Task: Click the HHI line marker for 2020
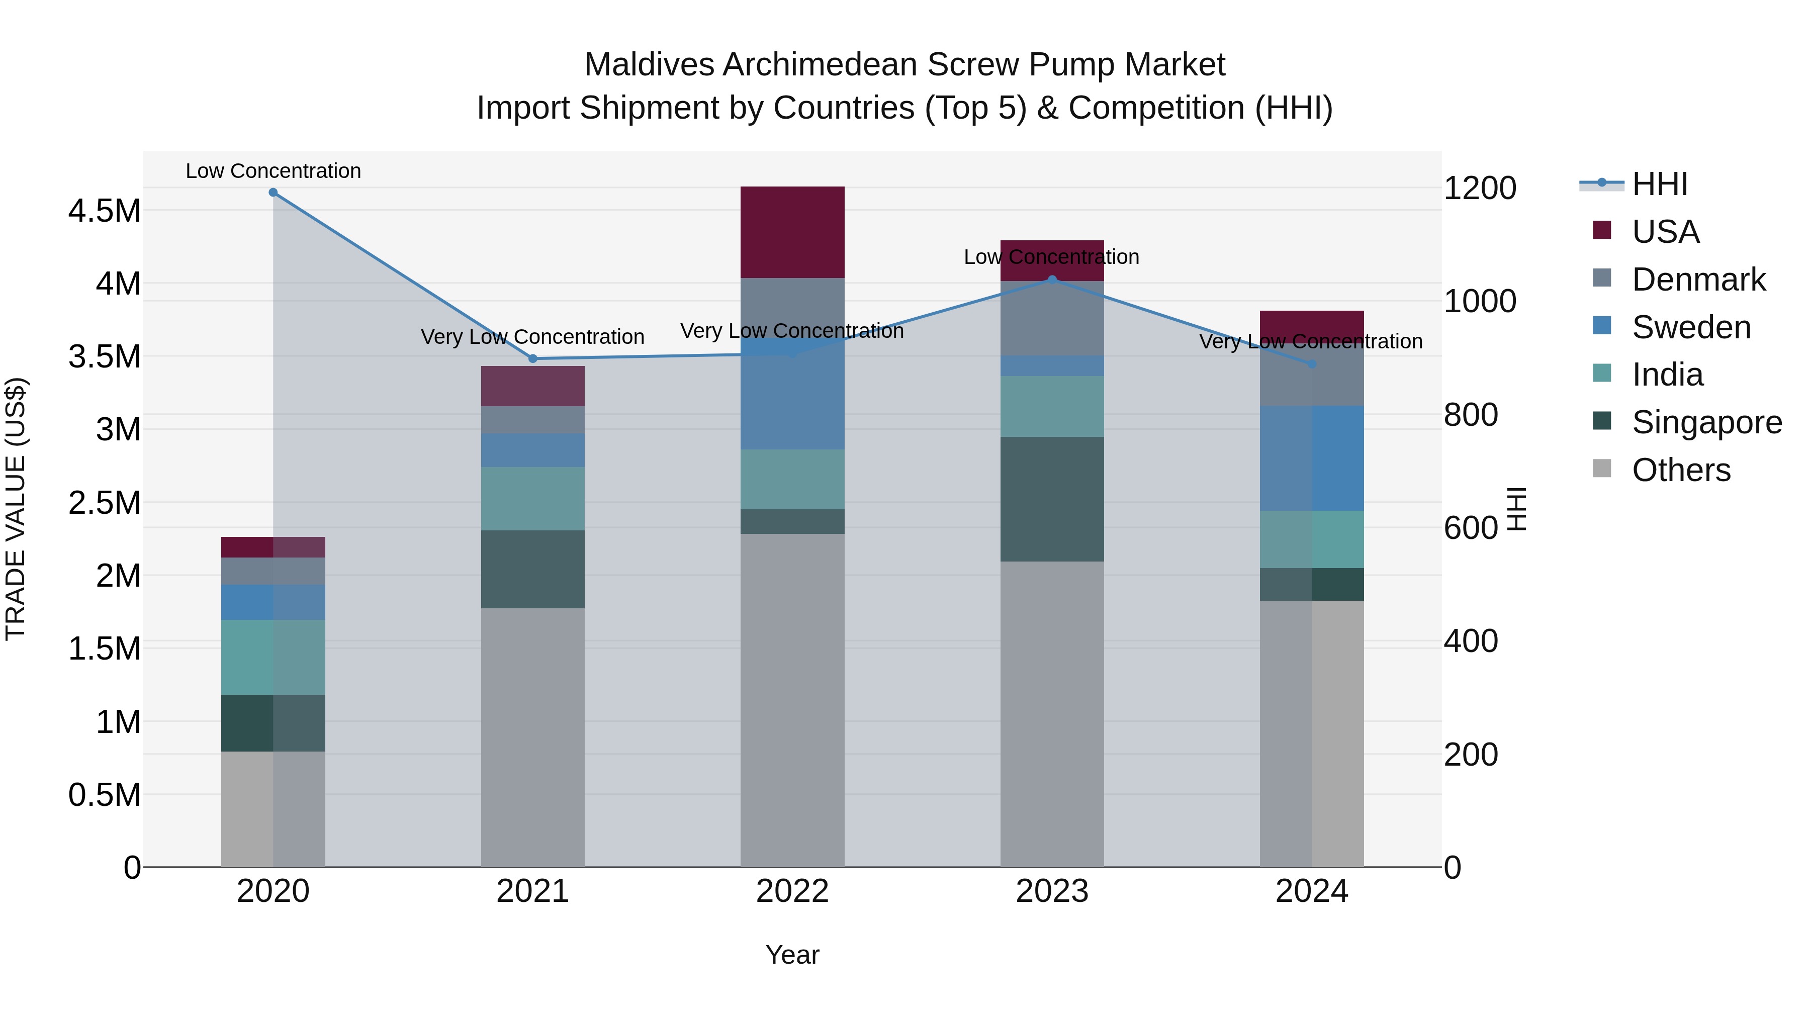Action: click(x=274, y=193)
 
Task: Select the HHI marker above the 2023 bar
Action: click(x=1052, y=280)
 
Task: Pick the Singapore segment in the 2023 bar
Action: click(x=1052, y=499)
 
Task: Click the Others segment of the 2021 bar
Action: click(x=532, y=737)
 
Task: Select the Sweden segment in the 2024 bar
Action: click(x=1311, y=458)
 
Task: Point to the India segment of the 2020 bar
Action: click(x=274, y=657)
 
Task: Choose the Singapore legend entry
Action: click(x=1706, y=422)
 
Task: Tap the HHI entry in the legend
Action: click(x=1659, y=184)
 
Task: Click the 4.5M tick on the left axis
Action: click(x=104, y=211)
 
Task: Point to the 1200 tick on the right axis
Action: click(x=1480, y=189)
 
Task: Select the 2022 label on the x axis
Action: click(x=792, y=891)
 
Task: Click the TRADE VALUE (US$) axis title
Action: click(x=16, y=509)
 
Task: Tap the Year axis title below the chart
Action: click(x=792, y=955)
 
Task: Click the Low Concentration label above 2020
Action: click(x=274, y=171)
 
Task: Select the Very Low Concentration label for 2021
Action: click(x=532, y=337)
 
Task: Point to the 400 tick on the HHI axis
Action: click(x=1471, y=641)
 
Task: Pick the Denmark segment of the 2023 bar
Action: click(x=1052, y=318)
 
